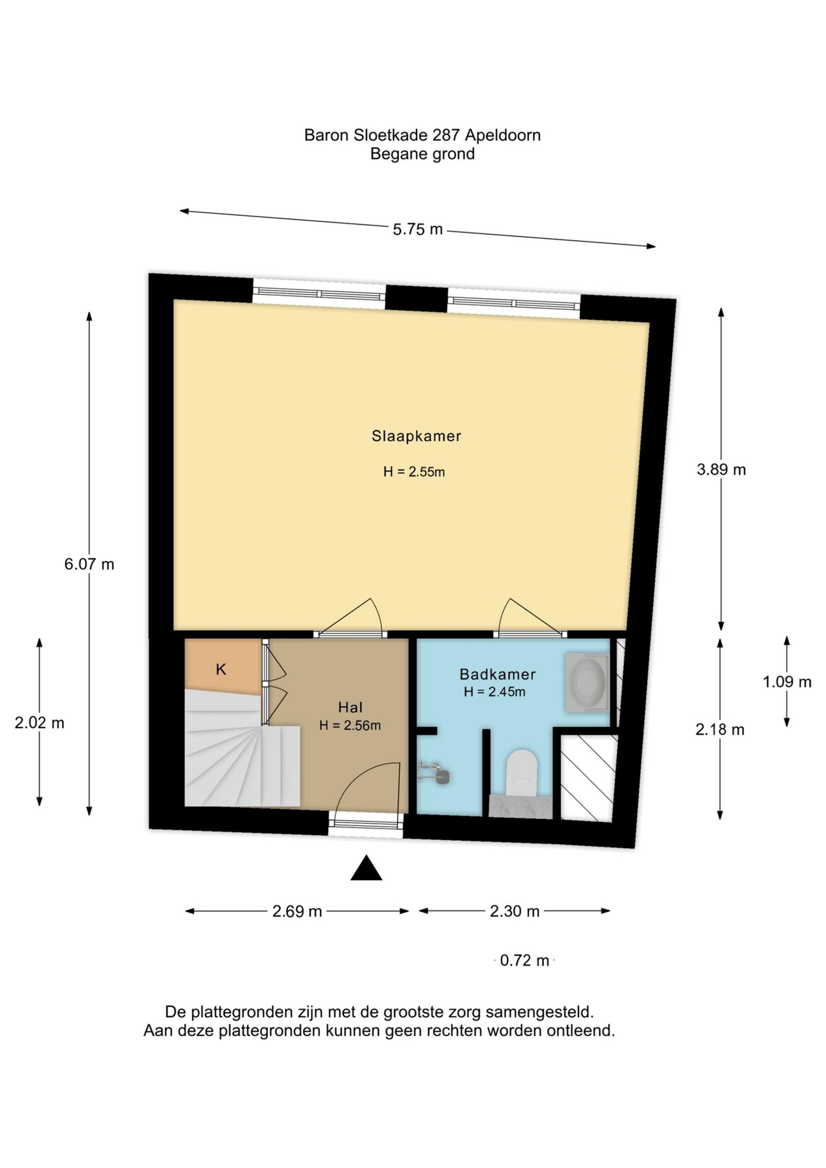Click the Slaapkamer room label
tap(416, 436)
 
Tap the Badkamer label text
tap(498, 674)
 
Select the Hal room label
tap(350, 707)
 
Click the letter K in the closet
tap(221, 670)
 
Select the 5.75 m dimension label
tap(418, 230)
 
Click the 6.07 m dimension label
tap(89, 564)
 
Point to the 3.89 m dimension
tap(721, 469)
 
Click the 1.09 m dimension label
tap(787, 682)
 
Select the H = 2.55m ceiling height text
tap(414, 472)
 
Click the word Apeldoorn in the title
tap(502, 135)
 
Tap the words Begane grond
tap(422, 154)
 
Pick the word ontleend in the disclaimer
tap(580, 1031)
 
